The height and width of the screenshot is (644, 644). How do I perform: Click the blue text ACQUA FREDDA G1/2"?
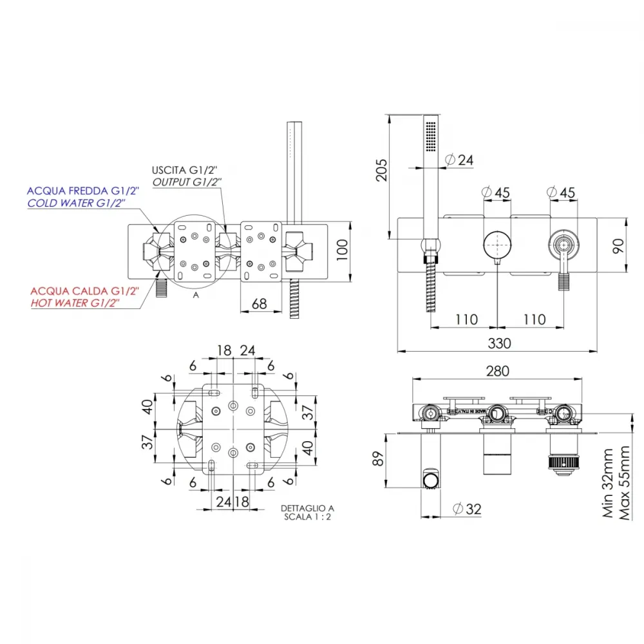[83, 191]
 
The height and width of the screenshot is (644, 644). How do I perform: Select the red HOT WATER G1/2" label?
[75, 303]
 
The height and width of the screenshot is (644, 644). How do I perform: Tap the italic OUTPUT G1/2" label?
[187, 182]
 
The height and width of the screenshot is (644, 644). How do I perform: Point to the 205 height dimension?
[381, 170]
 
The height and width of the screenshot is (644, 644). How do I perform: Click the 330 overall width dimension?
[499, 343]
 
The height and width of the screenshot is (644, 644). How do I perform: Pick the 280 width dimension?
[497, 372]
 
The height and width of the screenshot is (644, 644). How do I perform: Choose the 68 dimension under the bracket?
[259, 304]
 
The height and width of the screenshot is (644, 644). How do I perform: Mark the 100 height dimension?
[342, 250]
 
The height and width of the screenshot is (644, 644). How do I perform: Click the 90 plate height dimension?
[618, 245]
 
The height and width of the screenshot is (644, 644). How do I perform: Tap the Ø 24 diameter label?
[459, 160]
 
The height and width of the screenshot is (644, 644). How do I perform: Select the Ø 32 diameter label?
[467, 509]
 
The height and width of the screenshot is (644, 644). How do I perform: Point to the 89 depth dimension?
[378, 459]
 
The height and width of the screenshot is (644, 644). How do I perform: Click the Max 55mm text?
[624, 483]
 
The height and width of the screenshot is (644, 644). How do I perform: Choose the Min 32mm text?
[607, 483]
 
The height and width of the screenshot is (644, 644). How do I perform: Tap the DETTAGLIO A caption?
[307, 508]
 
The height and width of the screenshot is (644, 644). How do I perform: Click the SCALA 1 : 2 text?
[307, 516]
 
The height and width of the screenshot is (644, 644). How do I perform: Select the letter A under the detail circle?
[196, 295]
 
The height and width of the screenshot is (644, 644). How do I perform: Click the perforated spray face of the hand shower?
[431, 137]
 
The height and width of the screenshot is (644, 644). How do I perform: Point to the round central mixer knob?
[497, 245]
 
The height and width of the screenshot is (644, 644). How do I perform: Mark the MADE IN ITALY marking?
[472, 411]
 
